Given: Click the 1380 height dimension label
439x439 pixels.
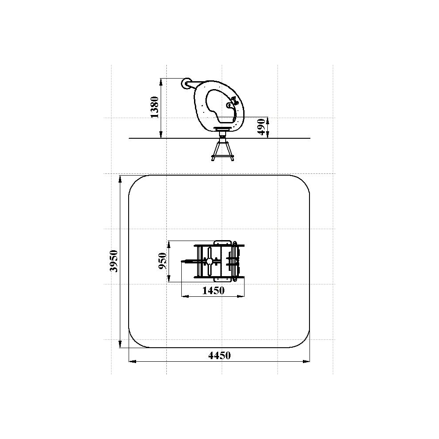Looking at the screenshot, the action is [155, 107].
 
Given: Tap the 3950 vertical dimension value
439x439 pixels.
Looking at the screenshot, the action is [114, 261].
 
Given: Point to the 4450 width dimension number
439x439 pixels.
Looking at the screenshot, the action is [219, 355].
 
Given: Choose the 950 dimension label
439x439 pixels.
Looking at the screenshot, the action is [162, 261].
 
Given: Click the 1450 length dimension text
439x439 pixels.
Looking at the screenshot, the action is [213, 291].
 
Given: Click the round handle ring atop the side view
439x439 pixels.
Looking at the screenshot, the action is [186, 83].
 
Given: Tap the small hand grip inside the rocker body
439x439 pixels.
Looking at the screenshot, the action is [229, 105].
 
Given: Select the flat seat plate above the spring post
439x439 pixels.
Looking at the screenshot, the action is [223, 129].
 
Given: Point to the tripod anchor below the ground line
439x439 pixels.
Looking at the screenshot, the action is [222, 151].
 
